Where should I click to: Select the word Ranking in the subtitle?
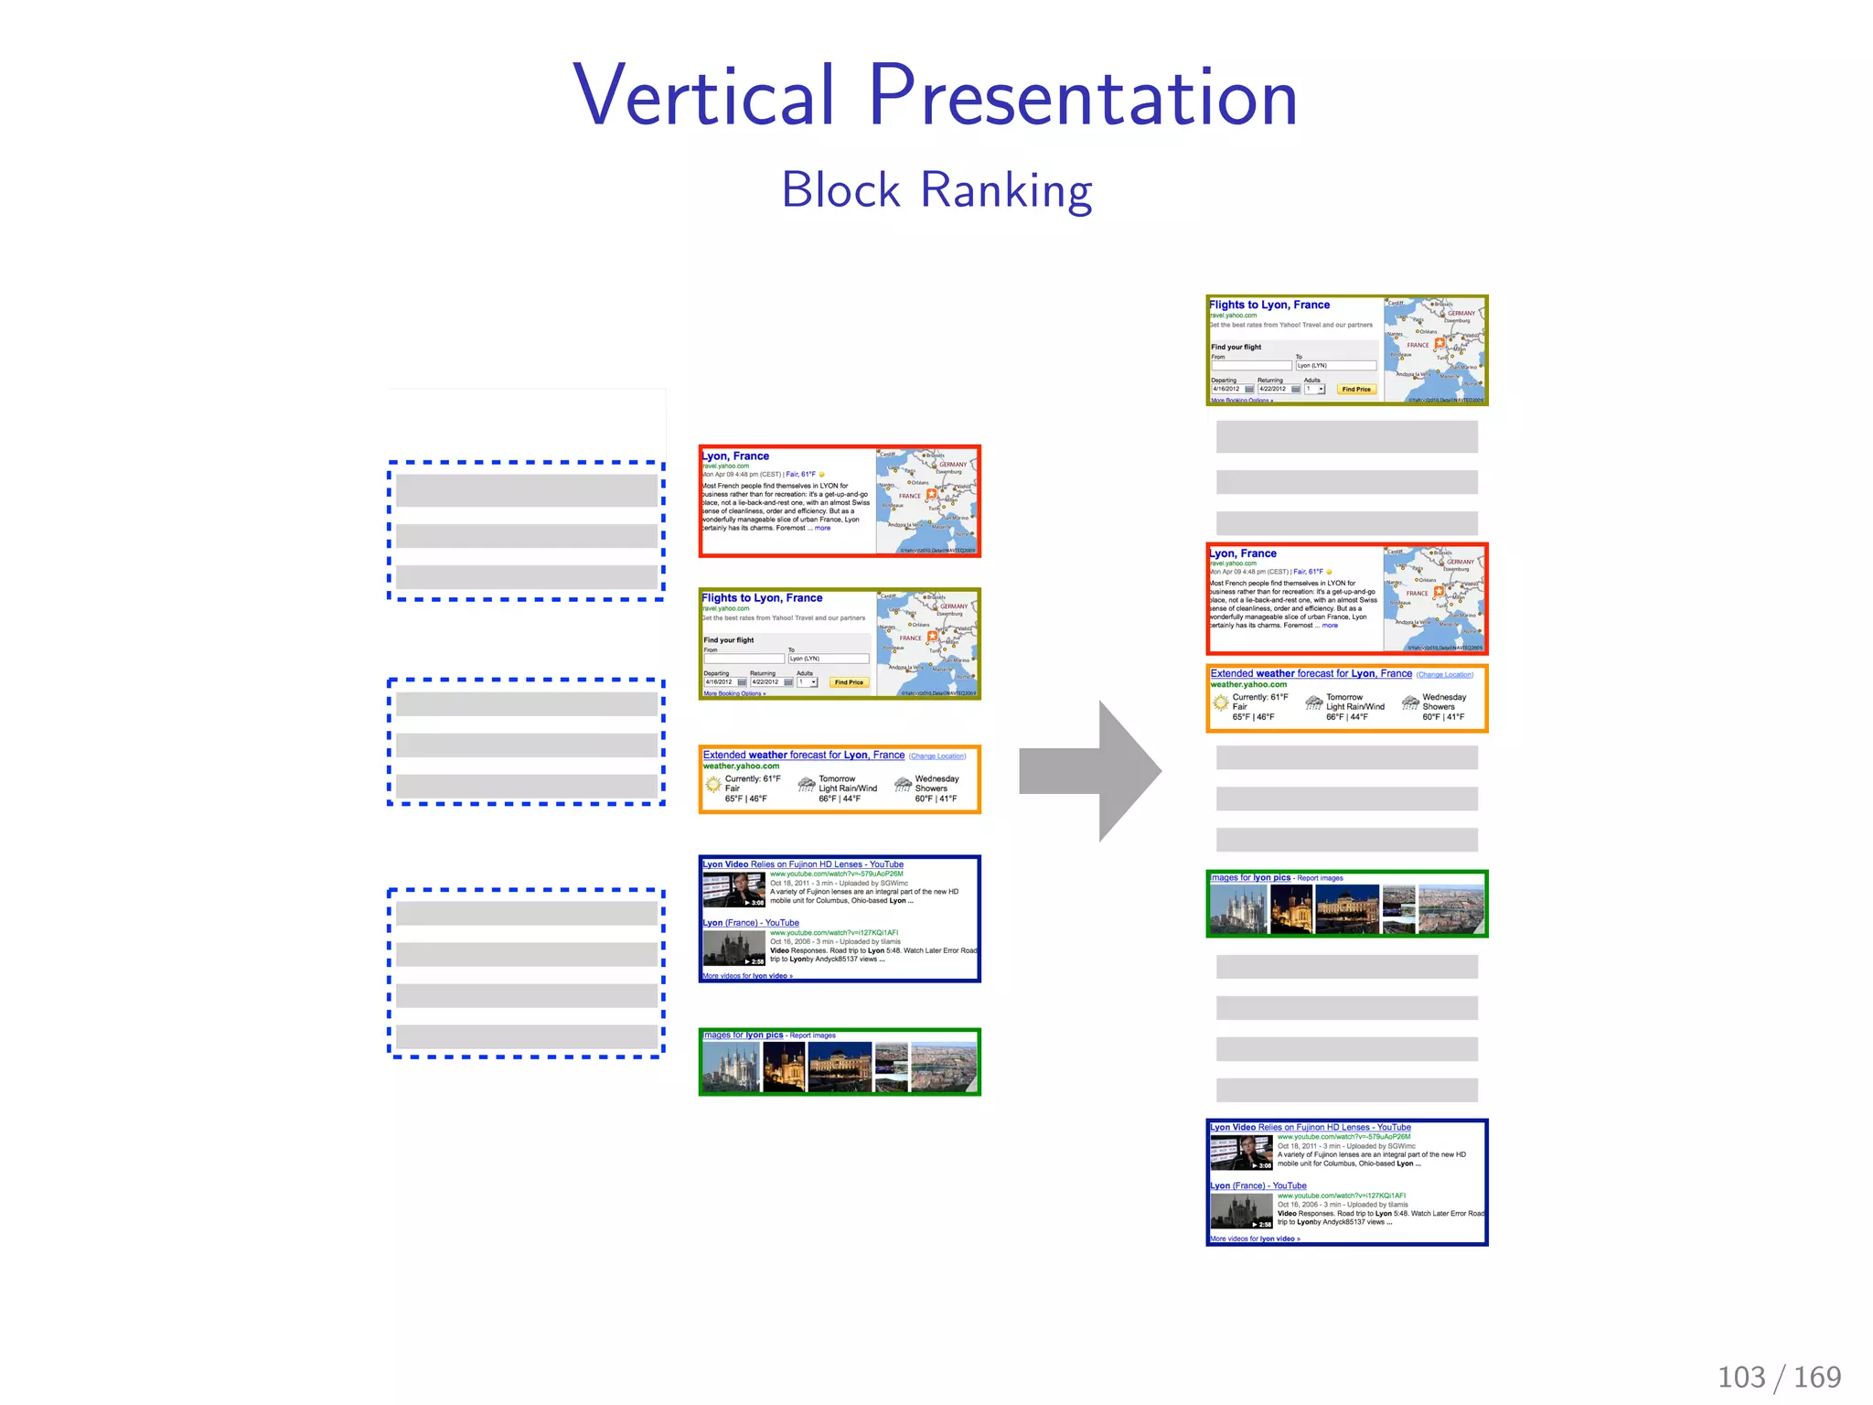click(1006, 190)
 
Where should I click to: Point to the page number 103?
click(1741, 1377)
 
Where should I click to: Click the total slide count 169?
click(1817, 1377)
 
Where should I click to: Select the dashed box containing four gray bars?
click(526, 973)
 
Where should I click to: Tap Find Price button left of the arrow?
click(849, 682)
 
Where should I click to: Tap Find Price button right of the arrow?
click(1356, 390)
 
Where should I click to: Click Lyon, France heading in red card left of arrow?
click(736, 456)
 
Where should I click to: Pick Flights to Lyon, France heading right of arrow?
click(1269, 306)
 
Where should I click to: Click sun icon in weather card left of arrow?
click(713, 784)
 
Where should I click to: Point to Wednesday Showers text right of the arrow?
click(1443, 702)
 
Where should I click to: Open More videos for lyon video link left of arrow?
click(747, 976)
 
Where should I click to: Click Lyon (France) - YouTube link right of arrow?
click(1258, 1186)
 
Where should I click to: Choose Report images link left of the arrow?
click(813, 1035)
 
